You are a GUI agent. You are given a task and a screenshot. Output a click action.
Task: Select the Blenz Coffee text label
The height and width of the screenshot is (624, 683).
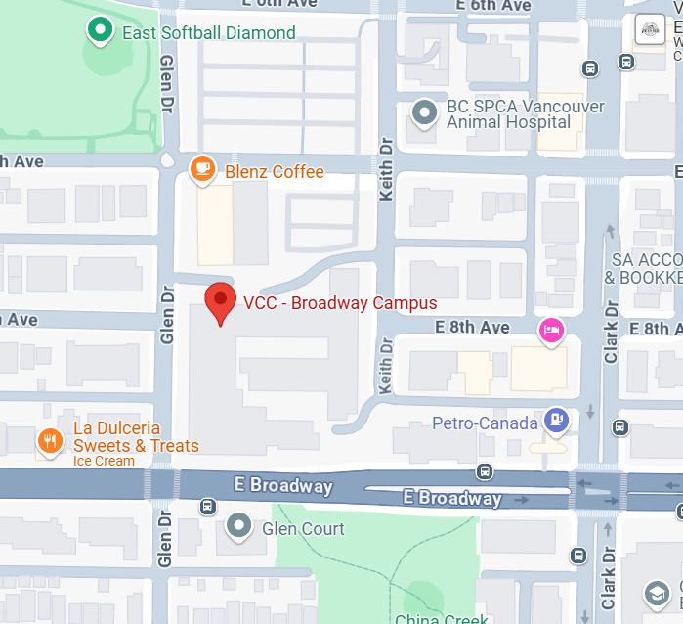point(274,172)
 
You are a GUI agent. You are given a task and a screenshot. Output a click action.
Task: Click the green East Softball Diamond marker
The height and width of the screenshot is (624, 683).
point(99,32)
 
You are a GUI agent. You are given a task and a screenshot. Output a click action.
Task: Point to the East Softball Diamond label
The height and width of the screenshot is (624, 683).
point(208,33)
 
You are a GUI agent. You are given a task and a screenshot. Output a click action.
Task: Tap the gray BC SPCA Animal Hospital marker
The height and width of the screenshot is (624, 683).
point(425,113)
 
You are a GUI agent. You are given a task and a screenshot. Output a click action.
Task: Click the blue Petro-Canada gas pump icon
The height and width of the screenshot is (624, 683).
point(557,421)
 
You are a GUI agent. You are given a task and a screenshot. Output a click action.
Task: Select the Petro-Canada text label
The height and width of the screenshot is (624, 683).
point(486,423)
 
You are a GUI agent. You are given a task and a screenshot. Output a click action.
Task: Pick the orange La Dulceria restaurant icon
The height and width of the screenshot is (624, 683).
point(50,441)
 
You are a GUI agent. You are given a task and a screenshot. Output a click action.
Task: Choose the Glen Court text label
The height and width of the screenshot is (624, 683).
point(303,529)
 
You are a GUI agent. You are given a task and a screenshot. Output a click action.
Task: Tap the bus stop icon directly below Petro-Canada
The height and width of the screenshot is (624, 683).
point(485,471)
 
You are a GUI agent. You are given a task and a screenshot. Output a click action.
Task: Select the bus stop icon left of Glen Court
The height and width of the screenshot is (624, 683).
point(207,506)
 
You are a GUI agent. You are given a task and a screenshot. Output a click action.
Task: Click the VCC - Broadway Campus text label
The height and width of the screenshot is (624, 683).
point(339,302)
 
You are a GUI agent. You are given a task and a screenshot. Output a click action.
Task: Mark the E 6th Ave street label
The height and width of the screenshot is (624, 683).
point(493,6)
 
